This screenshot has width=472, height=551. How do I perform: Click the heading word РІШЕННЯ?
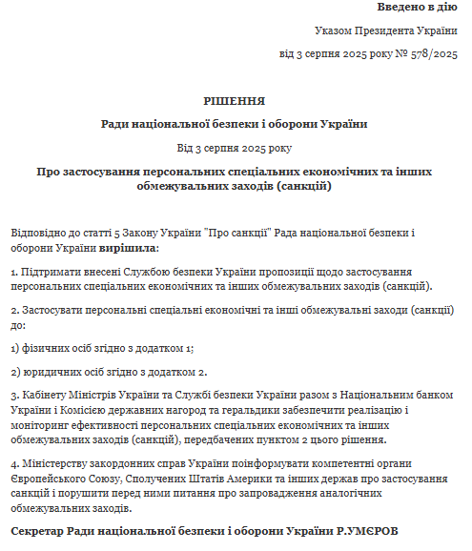pos(235,100)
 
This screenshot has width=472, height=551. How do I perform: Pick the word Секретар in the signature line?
pos(41,530)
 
